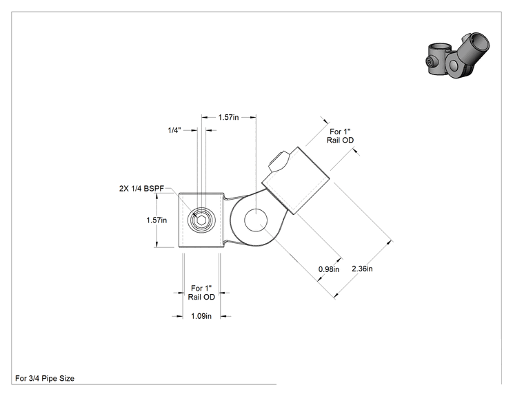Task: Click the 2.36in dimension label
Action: click(362, 269)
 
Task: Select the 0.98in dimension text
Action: click(329, 269)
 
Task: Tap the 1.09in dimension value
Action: click(201, 316)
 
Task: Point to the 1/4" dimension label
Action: click(174, 130)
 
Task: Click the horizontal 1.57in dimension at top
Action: click(228, 117)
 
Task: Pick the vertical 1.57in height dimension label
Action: click(157, 220)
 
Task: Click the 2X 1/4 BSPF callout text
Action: click(141, 189)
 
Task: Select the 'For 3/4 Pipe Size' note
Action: click(45, 378)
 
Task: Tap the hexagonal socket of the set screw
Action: click(201, 220)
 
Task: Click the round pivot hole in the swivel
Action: click(256, 220)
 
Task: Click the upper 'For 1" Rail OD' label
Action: click(340, 136)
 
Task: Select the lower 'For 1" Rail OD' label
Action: click(201, 293)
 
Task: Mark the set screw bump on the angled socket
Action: click(279, 161)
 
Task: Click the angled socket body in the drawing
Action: click(296, 180)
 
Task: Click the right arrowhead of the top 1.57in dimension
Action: click(253, 117)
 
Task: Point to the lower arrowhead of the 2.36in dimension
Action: click(336, 295)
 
